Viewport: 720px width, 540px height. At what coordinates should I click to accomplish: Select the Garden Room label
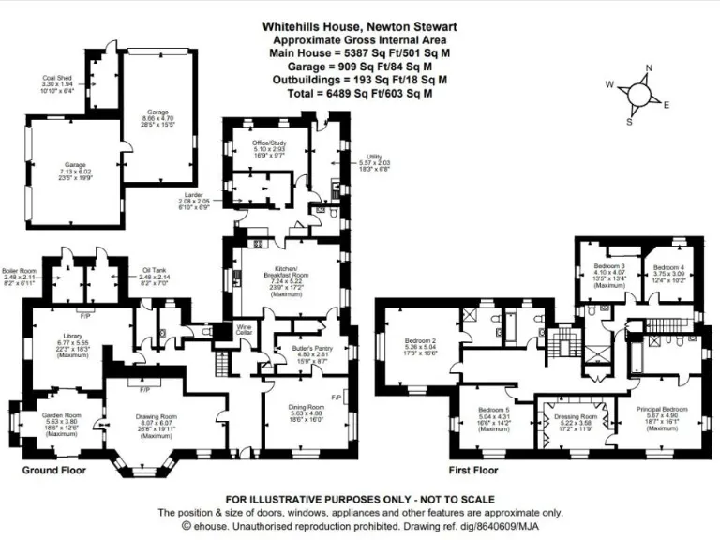(x=59, y=421)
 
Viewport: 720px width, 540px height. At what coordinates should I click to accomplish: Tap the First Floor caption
(x=474, y=470)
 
